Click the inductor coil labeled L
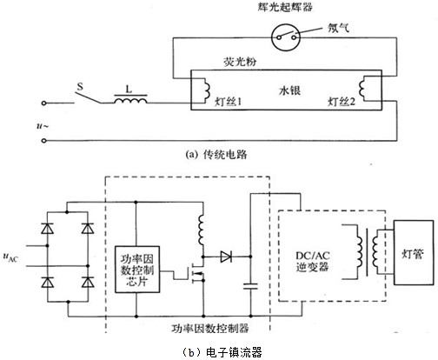click(x=131, y=100)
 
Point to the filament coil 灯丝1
click(x=207, y=90)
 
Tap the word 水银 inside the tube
click(x=289, y=90)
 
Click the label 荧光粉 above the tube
click(x=240, y=62)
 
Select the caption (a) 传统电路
click(x=216, y=155)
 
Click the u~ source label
click(x=43, y=126)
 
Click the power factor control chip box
click(x=137, y=270)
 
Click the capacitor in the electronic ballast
click(x=250, y=286)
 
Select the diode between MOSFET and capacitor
click(x=226, y=257)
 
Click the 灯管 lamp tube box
click(x=414, y=252)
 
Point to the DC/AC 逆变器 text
click(x=312, y=261)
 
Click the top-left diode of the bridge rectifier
click(x=47, y=229)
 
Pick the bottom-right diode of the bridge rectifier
click(x=88, y=282)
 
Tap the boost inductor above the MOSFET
click(x=201, y=230)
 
